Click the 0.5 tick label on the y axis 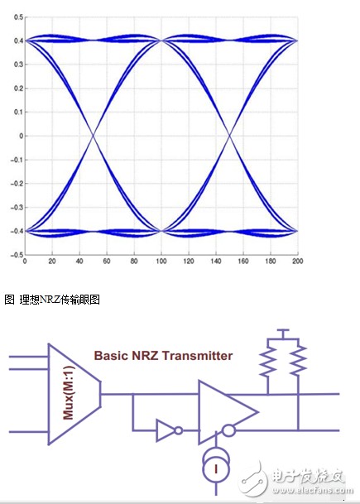click(x=18, y=17)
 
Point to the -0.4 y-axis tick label click(x=17, y=231)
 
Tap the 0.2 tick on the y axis click(x=18, y=89)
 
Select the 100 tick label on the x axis click(x=161, y=261)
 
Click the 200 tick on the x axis click(x=298, y=261)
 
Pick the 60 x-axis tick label click(x=107, y=261)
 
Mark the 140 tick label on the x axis click(x=216, y=261)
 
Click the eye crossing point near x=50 click(x=94, y=136)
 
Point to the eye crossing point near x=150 click(x=229, y=136)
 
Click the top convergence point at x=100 click(x=161, y=41)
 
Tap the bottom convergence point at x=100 click(x=161, y=231)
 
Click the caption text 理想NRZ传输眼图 click(x=60, y=300)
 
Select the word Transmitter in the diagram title click(x=197, y=356)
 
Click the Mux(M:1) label click(x=69, y=393)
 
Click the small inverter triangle click(x=166, y=430)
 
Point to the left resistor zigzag click(x=268, y=361)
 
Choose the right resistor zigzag click(x=298, y=361)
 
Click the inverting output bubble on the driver click(x=229, y=430)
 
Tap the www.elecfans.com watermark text click(x=313, y=490)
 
